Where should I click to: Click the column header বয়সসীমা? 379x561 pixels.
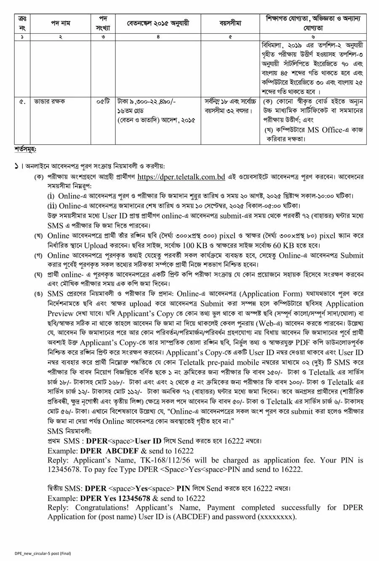tap(230, 24)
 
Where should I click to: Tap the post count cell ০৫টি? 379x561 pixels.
tap(103, 101)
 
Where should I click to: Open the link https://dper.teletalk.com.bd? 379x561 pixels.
tap(181, 177)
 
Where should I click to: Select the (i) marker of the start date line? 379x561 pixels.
tap(51, 196)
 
